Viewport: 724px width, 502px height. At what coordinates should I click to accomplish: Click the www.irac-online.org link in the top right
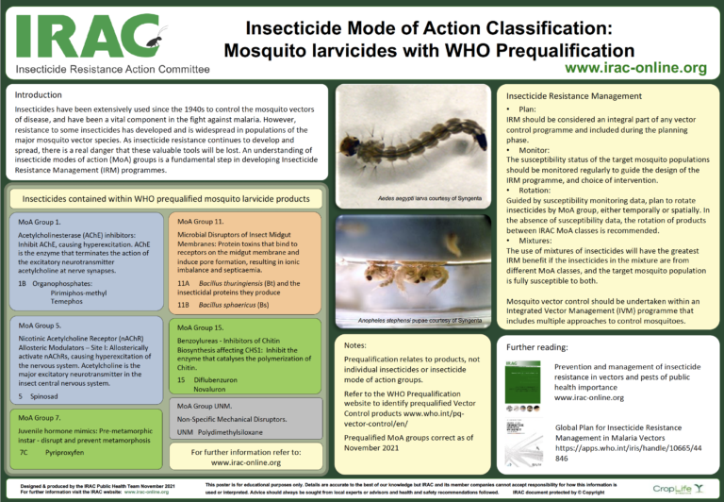pos(635,68)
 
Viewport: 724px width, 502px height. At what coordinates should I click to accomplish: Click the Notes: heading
pos(356,345)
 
